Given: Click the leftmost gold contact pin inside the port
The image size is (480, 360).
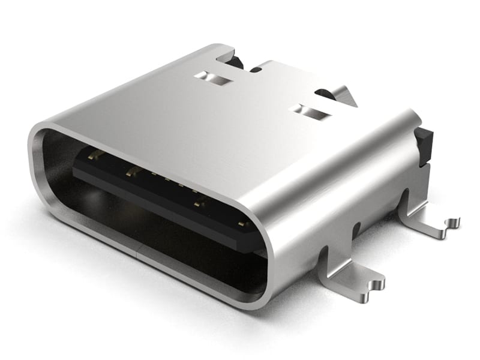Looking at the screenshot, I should [94, 155].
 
